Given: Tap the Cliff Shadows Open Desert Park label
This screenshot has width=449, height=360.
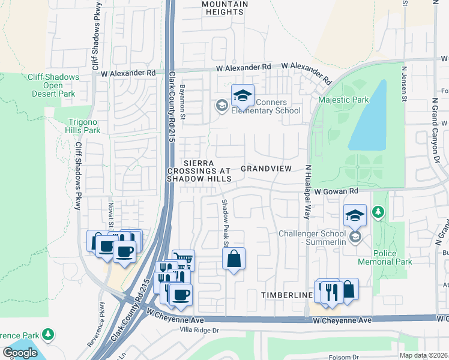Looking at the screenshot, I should click(x=53, y=85).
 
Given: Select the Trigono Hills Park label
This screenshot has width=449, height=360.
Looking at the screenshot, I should click(x=83, y=125).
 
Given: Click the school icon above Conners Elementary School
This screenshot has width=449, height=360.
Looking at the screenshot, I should click(x=243, y=95).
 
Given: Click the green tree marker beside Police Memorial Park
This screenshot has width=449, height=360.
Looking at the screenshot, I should click(x=378, y=212).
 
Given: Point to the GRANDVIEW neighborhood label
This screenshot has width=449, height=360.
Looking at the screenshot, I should click(x=266, y=169).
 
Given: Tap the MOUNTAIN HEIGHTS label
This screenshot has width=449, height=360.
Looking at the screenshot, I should click(x=224, y=8).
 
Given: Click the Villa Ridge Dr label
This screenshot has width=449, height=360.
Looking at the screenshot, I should click(x=200, y=331).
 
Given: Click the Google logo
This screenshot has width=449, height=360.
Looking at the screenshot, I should click(x=20, y=353).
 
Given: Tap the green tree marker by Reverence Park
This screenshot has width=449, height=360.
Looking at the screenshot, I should click(x=47, y=334).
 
